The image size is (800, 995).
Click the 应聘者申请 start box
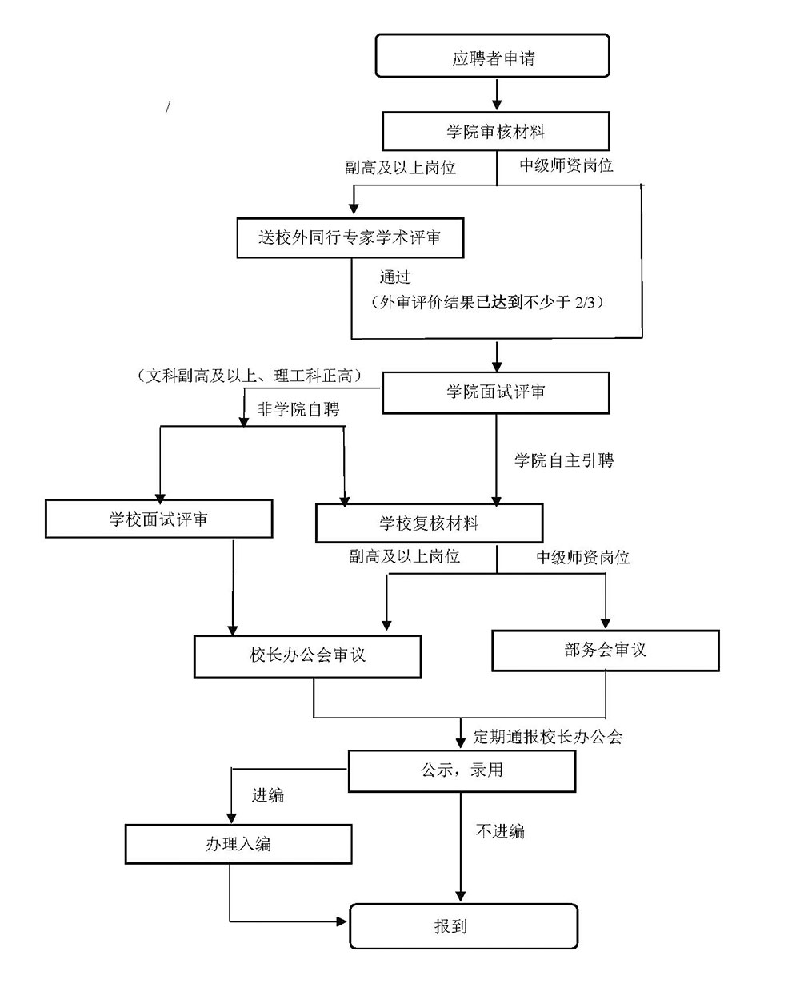493,58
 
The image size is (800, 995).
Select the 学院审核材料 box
496,132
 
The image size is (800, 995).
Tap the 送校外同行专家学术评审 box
350,237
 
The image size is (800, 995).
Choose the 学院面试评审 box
496,392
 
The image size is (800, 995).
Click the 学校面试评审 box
158,519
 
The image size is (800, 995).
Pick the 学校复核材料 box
429,523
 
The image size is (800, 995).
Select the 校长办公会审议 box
307,655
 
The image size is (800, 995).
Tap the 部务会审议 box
605,650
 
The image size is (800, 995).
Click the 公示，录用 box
462,770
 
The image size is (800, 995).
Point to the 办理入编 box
238,844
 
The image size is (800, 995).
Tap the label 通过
395,277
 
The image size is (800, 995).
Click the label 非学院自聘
298,409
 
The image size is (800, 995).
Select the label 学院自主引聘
564,460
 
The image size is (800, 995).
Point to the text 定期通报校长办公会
548,736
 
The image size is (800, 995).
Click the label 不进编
500,831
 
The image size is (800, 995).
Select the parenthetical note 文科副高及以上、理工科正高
250,376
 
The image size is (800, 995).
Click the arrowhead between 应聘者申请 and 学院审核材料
497,105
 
